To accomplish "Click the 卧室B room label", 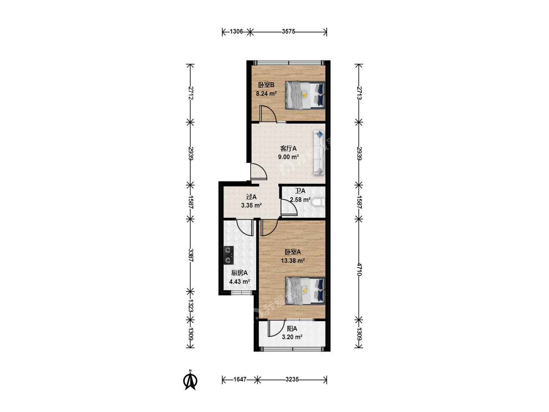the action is coord(266,85).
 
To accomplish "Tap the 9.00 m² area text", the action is coord(288,157).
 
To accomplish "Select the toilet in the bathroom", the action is coord(318,203).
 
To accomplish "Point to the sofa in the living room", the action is coord(319,153).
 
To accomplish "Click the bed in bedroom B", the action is coord(305,95).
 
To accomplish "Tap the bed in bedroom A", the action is coord(305,290).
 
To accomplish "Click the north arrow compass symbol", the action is coord(190,381).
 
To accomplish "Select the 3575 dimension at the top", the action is coord(288,32).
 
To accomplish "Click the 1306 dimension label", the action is coord(236,32).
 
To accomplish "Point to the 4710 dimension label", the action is coord(359,269).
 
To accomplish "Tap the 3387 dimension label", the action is coord(191,255).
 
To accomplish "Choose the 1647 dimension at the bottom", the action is coord(240,380).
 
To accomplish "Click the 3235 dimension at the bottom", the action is coord(292,380).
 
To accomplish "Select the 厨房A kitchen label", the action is coord(239,273).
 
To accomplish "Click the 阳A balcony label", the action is coord(292,329).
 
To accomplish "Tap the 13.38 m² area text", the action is coord(293,261).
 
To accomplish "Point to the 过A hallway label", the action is coord(251,197).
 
